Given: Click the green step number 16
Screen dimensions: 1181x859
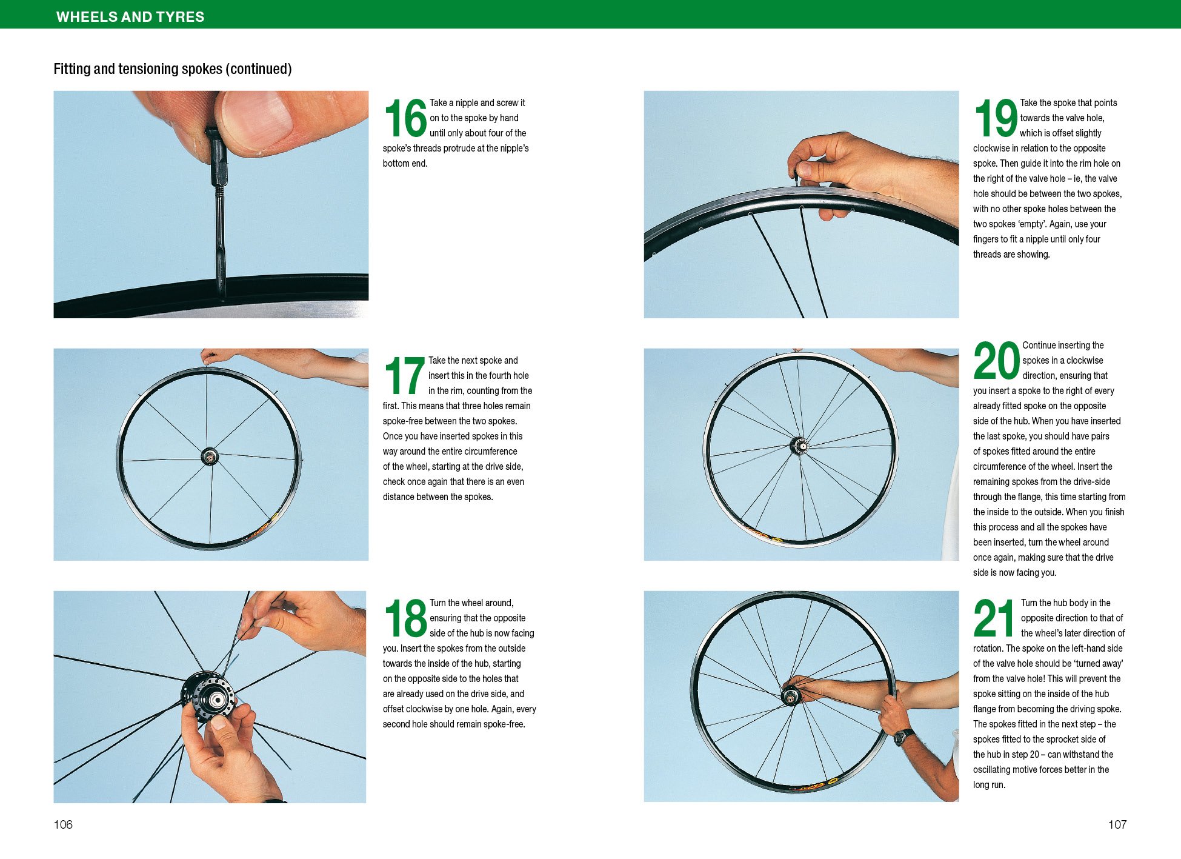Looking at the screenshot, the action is (x=405, y=119).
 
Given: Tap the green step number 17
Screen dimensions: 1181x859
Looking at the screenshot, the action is (x=405, y=376).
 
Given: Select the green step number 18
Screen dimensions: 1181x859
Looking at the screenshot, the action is (x=405, y=619).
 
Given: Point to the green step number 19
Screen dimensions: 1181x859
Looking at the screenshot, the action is (x=996, y=119).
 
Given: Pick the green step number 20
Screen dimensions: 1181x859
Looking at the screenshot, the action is (x=997, y=361).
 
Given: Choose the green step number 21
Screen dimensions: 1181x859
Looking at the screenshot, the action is (x=994, y=619).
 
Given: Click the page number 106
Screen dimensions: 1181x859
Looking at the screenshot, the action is (x=63, y=824).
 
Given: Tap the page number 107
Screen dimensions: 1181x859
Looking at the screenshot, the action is (x=1117, y=824).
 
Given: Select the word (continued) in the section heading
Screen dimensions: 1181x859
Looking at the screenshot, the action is (x=258, y=69).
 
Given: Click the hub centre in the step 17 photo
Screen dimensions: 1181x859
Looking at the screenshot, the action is (x=210, y=456).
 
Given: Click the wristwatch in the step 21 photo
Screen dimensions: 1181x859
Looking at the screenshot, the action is (x=903, y=737).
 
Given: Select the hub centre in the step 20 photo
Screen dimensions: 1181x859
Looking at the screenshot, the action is (x=799, y=446).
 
